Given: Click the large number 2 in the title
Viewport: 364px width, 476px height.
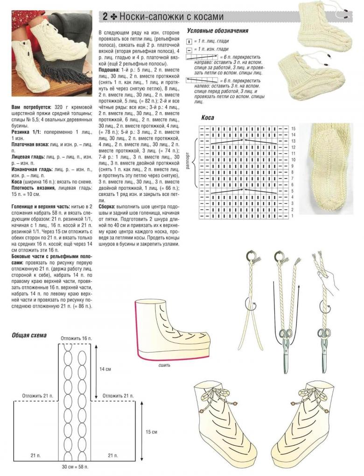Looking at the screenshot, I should pyautogui.click(x=105, y=17).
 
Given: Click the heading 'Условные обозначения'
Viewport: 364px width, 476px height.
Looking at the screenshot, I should pyautogui.click(x=217, y=30).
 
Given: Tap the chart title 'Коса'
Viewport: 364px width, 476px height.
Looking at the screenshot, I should pyautogui.click(x=208, y=118).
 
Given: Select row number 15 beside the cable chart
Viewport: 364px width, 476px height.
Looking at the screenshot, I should pyautogui.click(x=293, y=128).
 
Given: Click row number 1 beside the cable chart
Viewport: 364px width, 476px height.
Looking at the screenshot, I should pyautogui.click(x=293, y=216).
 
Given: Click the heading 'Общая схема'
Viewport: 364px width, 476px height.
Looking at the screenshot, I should pyautogui.click(x=29, y=335).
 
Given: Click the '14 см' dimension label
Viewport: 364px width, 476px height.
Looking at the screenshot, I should pyautogui.click(x=105, y=369).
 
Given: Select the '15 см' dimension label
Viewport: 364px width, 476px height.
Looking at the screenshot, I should pyautogui.click(x=152, y=431).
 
